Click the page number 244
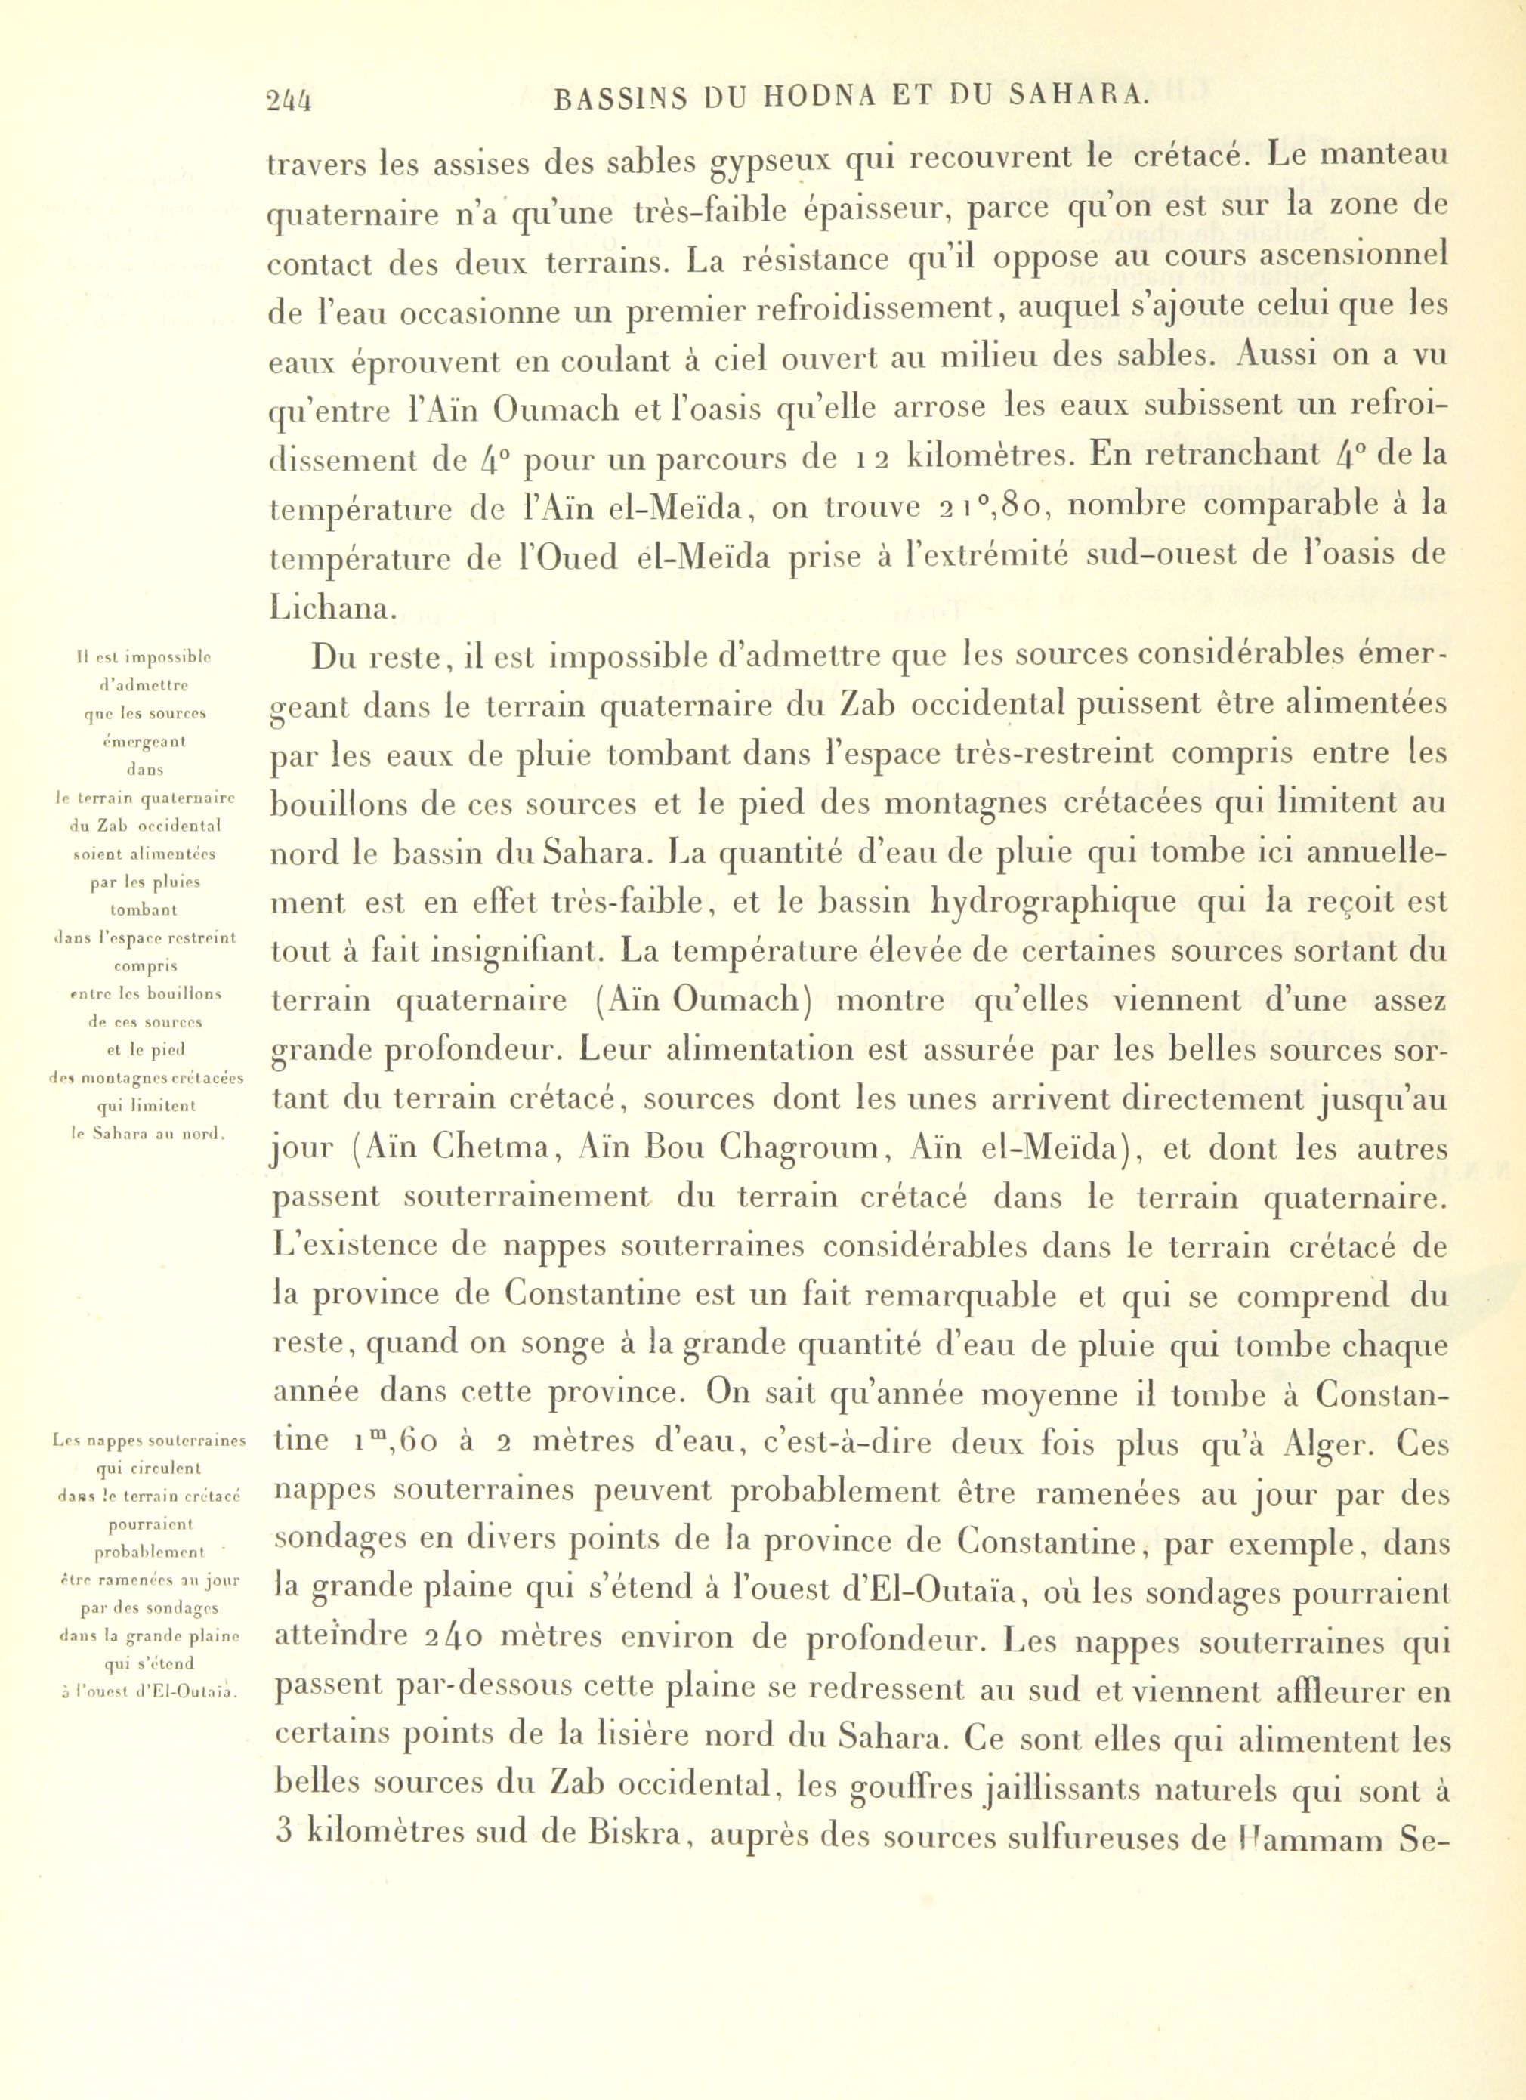pyautogui.click(x=289, y=100)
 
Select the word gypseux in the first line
pyautogui.click(x=774, y=164)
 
